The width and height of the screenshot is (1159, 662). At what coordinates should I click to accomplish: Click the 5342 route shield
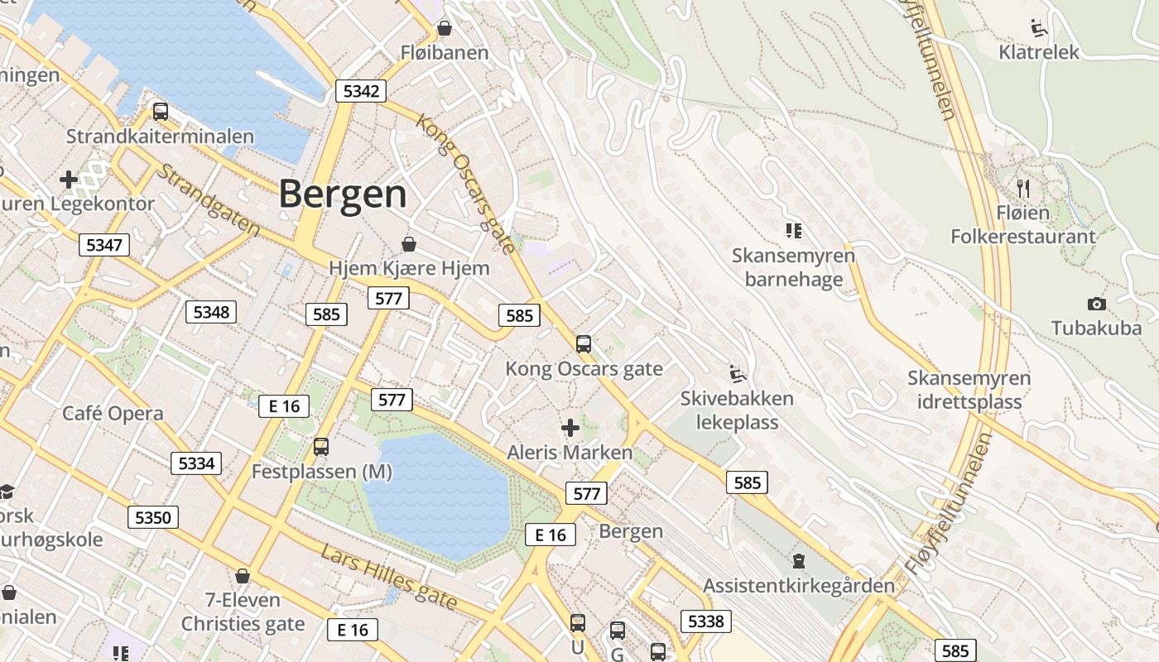tap(362, 91)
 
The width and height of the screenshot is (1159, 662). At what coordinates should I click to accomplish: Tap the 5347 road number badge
tap(104, 244)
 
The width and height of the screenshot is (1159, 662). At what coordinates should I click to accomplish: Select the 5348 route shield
tap(211, 312)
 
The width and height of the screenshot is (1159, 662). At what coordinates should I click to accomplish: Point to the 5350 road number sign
tap(153, 518)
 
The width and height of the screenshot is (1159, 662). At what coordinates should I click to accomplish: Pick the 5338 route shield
tap(706, 621)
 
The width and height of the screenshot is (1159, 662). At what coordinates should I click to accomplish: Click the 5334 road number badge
tap(197, 463)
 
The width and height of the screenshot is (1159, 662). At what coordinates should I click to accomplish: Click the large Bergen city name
tap(343, 194)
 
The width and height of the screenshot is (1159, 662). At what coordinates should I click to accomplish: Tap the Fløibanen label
tap(445, 53)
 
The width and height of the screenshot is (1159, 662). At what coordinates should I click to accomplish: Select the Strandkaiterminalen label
tap(160, 137)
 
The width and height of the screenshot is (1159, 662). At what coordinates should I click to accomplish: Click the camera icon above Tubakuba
tap(1097, 305)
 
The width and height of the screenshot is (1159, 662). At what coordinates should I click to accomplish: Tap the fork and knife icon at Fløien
tap(1023, 188)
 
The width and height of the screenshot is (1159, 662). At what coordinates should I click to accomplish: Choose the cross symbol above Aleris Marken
tap(570, 428)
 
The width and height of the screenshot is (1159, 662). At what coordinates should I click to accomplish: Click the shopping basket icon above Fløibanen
tap(445, 28)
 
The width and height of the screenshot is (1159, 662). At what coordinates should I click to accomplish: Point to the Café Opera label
tap(113, 413)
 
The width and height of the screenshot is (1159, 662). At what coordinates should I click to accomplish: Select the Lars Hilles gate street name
tap(389, 577)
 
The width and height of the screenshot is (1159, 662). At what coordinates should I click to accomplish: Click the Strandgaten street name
tap(207, 199)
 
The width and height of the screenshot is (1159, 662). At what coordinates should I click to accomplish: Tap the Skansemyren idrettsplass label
tap(969, 391)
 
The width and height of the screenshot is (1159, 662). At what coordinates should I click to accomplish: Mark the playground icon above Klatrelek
tap(1038, 28)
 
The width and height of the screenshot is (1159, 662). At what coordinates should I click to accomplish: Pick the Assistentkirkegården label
tap(799, 586)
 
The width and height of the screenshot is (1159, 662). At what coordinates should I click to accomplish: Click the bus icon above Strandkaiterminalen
tap(161, 112)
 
